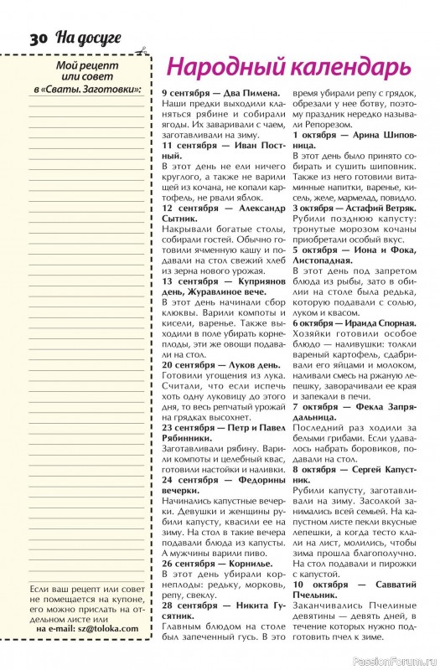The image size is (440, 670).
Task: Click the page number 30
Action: click(39, 39)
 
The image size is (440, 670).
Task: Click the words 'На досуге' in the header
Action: click(88, 38)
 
